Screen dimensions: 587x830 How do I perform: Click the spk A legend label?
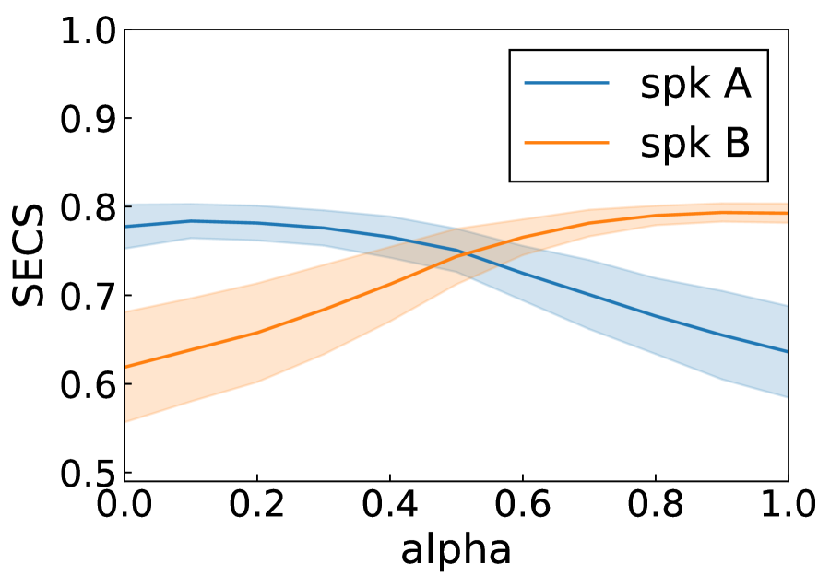click(x=694, y=85)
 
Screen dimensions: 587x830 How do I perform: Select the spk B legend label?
click(x=694, y=144)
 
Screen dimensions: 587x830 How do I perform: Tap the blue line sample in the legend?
click(x=566, y=83)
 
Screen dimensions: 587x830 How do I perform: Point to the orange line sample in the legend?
click(x=566, y=142)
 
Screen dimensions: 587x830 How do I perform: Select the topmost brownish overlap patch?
click(x=459, y=239)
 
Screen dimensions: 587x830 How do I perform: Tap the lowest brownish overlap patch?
click(x=466, y=266)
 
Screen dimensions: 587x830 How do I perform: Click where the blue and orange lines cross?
click(x=465, y=252)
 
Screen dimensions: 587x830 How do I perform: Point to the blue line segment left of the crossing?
click(x=433, y=245)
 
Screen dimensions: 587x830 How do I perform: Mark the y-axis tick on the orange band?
click(x=128, y=383)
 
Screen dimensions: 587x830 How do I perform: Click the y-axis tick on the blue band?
click(x=128, y=207)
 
